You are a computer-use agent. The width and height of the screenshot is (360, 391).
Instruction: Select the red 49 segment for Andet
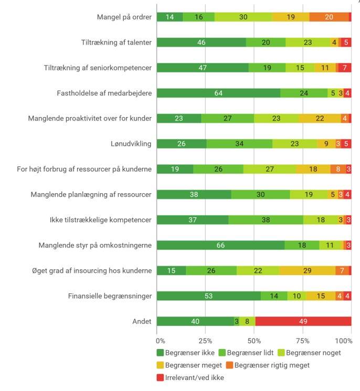(303, 321)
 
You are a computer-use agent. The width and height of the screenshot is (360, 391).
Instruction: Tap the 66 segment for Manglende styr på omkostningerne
(220, 245)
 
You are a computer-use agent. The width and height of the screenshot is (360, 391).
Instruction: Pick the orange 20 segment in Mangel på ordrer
(329, 17)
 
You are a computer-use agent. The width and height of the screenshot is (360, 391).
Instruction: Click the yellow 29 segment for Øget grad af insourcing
(308, 270)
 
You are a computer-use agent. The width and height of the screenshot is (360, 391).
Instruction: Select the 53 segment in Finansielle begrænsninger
(209, 296)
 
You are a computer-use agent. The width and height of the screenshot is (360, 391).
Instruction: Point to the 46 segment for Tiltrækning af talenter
(201, 43)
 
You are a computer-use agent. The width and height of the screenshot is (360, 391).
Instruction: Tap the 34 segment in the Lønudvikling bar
(239, 144)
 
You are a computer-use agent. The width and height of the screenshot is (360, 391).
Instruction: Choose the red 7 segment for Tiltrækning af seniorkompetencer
(344, 68)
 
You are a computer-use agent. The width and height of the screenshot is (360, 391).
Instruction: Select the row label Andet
(142, 321)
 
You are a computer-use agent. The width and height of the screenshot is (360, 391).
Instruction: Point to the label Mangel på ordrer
(124, 17)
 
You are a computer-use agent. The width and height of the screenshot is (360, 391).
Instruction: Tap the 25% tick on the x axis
(205, 340)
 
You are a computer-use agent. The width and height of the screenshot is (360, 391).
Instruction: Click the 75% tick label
(303, 340)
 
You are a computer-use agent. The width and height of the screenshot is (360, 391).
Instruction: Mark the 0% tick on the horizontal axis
(161, 340)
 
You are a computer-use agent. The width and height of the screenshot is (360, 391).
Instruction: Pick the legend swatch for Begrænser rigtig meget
(229, 365)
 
